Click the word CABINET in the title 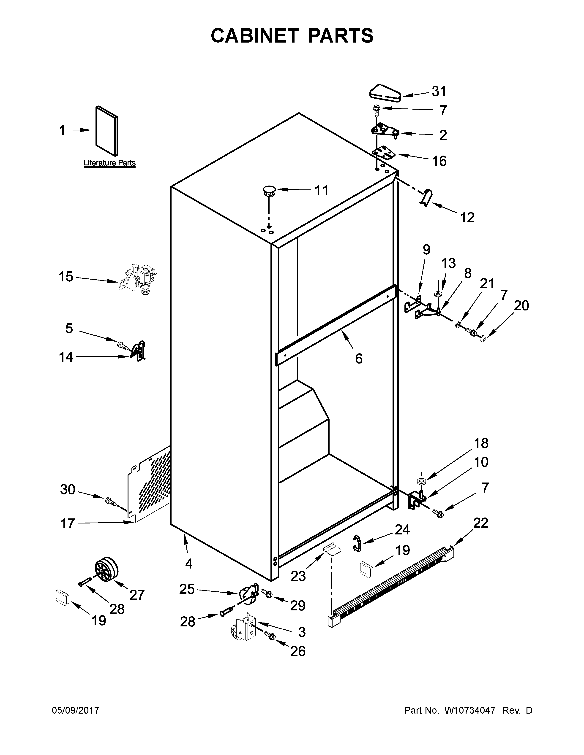[254, 36]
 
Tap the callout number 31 [439, 91]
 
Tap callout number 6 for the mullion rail [359, 359]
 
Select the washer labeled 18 [421, 481]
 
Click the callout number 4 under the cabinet [188, 564]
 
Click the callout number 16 [439, 161]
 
